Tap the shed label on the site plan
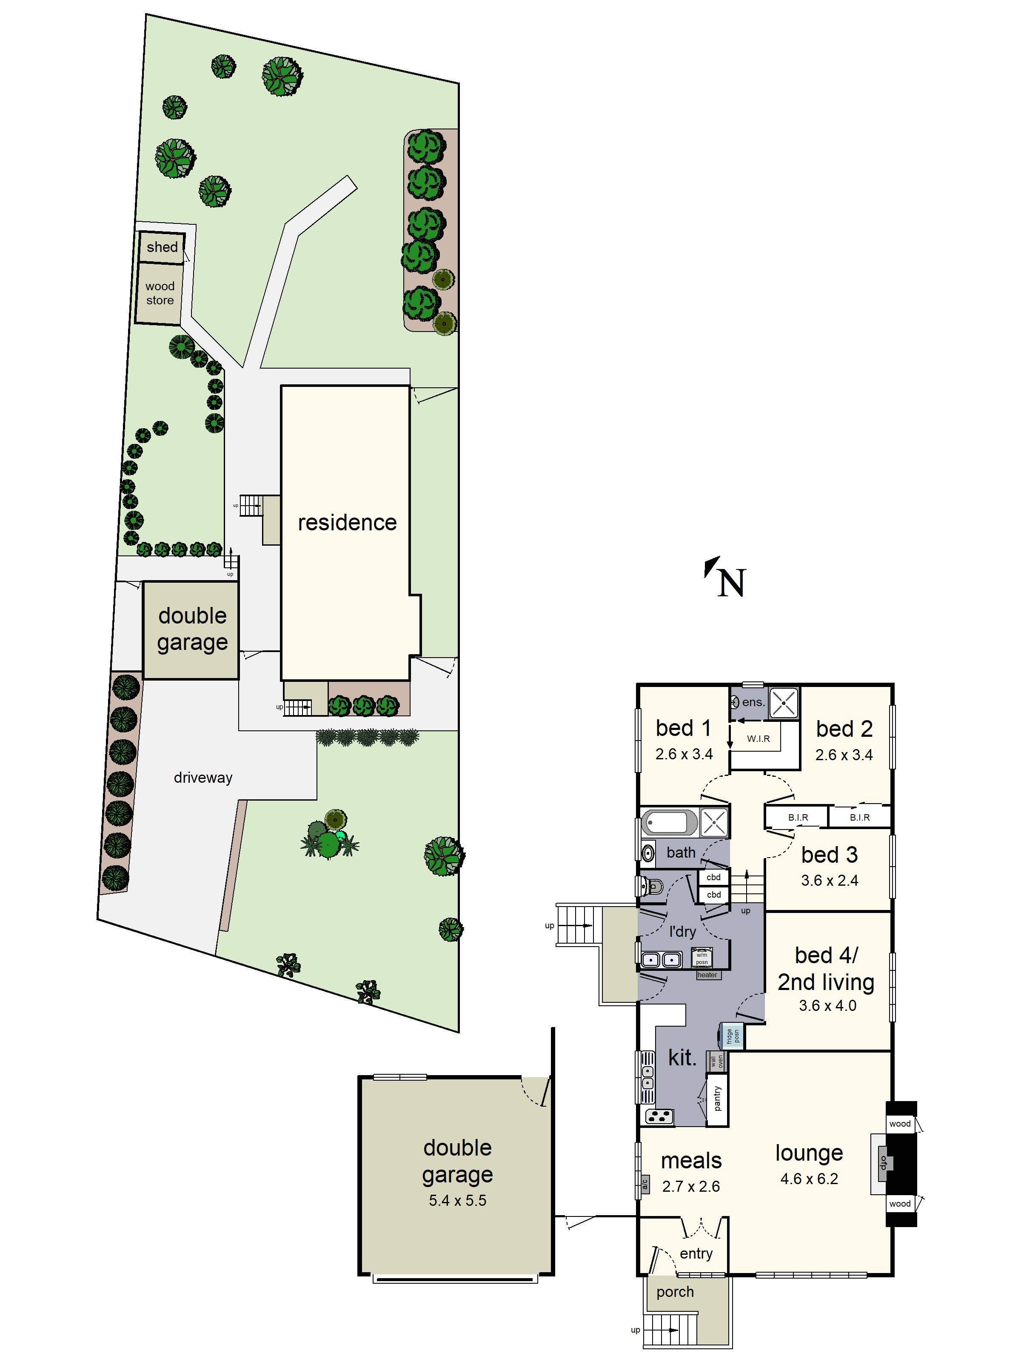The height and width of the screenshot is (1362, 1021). [162, 247]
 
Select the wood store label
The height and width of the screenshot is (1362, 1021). [160, 293]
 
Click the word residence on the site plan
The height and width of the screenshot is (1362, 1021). [347, 522]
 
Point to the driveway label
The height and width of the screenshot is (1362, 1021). [203, 778]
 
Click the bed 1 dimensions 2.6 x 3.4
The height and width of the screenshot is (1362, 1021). [684, 754]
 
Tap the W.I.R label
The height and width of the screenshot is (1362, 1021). [758, 739]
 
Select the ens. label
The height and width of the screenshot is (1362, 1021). [753, 702]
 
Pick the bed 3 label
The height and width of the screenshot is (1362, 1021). [829, 855]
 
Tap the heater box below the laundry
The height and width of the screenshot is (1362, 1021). [707, 975]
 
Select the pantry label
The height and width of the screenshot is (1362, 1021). [717, 1099]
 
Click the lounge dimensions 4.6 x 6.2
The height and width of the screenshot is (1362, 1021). [809, 1179]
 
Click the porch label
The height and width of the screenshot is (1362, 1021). [675, 1292]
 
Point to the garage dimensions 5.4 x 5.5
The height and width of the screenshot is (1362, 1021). [457, 1200]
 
